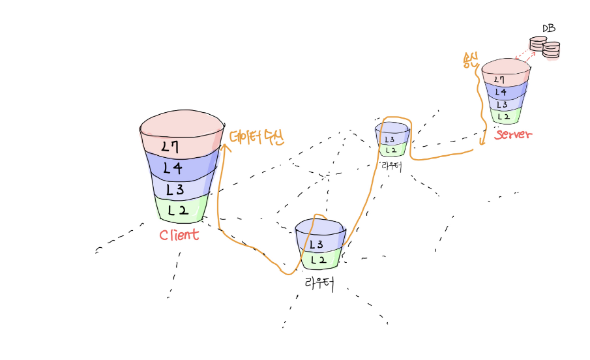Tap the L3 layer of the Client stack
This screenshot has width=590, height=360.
180,190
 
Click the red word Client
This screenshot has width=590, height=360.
179,235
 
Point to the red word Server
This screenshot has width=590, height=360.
514,134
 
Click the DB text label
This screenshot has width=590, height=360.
548,29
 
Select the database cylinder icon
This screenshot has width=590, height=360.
544,47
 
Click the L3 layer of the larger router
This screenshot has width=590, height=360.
319,245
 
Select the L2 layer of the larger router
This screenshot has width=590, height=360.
319,260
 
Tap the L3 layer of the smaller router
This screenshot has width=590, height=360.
392,139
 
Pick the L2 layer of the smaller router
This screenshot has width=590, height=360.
392,150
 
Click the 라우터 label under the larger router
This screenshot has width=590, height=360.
319,283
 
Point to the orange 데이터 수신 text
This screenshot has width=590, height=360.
257,137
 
